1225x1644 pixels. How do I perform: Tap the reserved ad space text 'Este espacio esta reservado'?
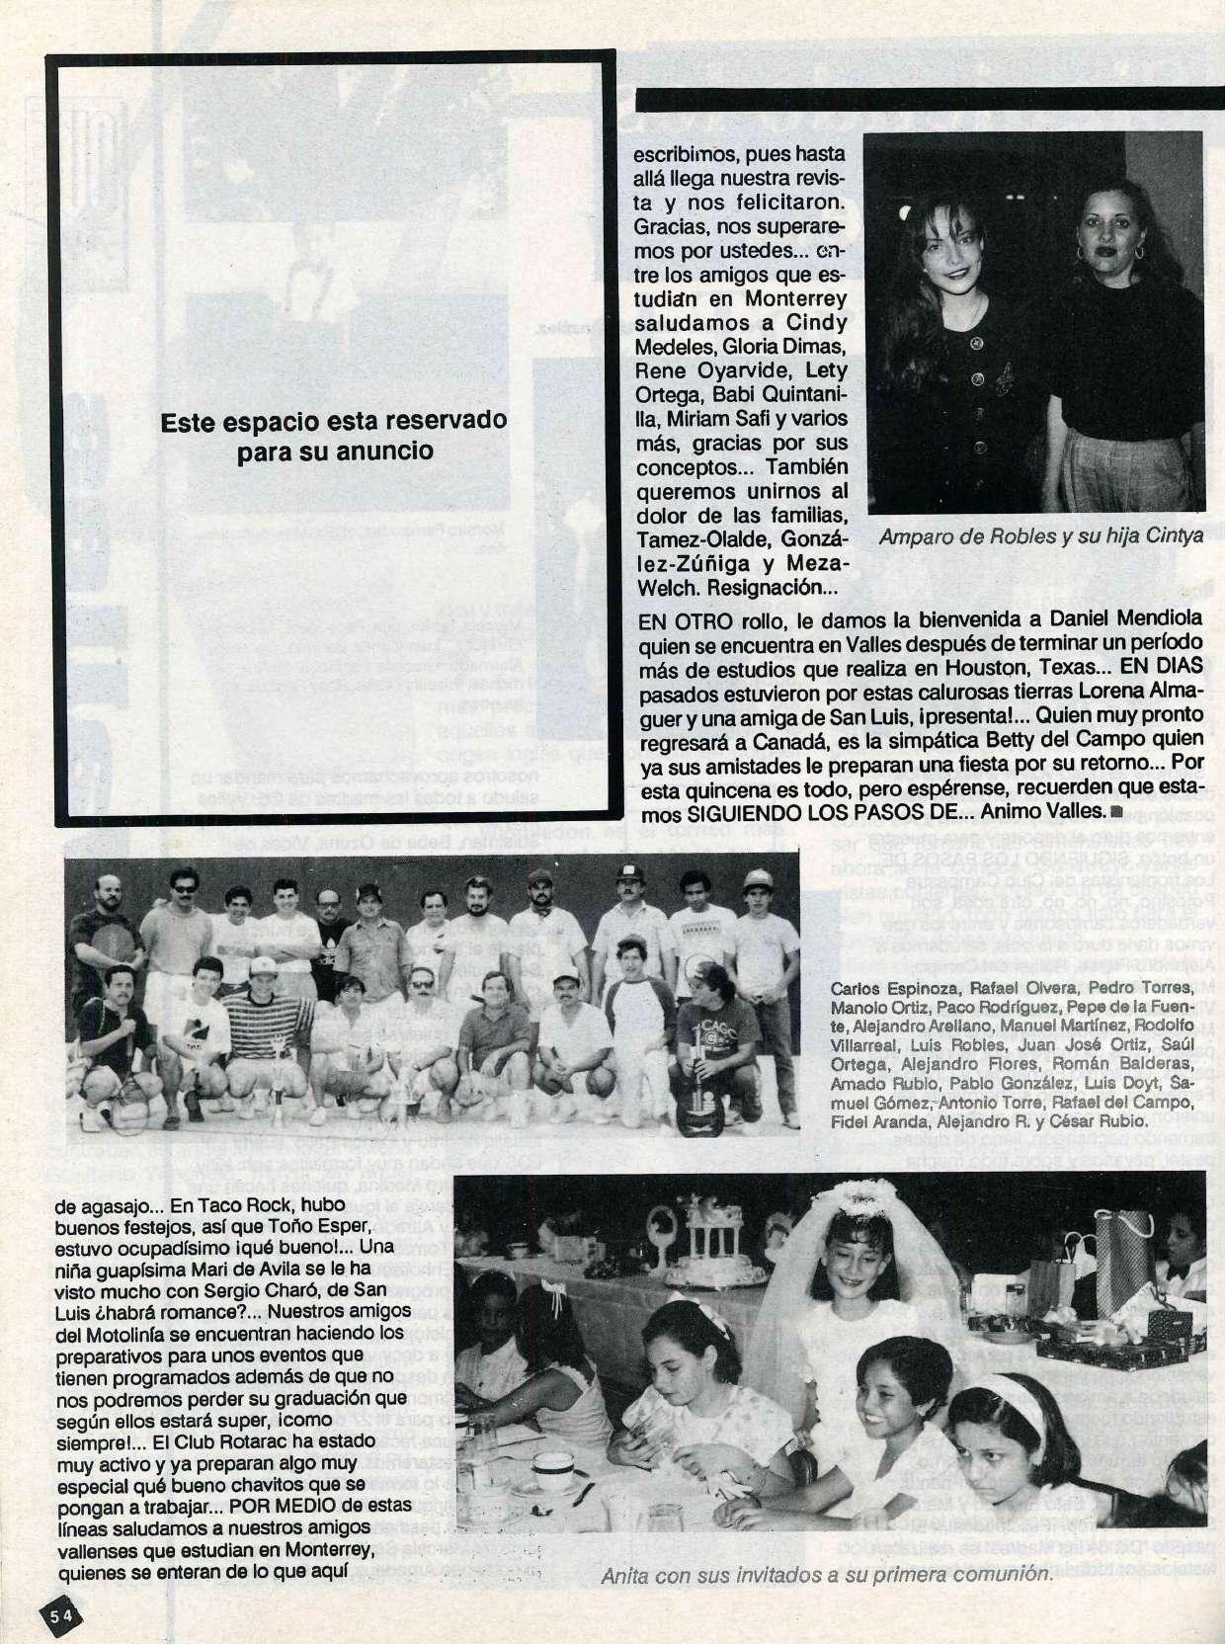point(333,420)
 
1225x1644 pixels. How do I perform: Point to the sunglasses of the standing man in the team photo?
point(185,889)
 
